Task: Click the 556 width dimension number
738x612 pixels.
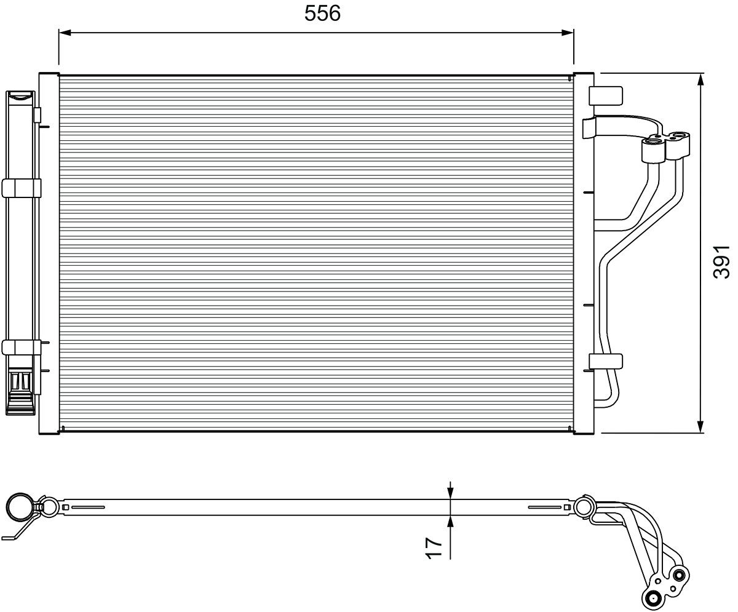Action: pyautogui.click(x=322, y=14)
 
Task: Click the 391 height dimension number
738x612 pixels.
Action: pyautogui.click(x=721, y=262)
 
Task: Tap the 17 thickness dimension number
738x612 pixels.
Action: pyautogui.click(x=434, y=549)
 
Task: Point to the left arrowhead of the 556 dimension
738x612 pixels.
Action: pyautogui.click(x=65, y=33)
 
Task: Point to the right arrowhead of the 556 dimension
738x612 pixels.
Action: pyautogui.click(x=568, y=33)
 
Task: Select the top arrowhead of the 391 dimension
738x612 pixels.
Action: pyautogui.click(x=701, y=79)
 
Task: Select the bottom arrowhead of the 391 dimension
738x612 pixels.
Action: pyautogui.click(x=701, y=426)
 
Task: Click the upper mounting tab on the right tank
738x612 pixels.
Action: pyautogui.click(x=605, y=95)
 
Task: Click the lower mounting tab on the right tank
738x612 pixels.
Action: pyautogui.click(x=605, y=361)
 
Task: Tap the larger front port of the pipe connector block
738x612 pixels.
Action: pyautogui.click(x=653, y=143)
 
